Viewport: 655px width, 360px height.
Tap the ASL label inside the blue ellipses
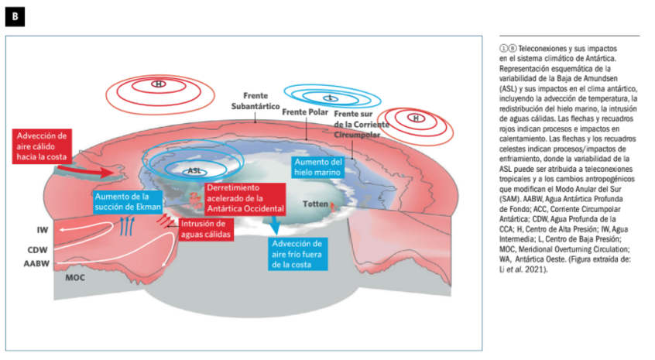[194, 169]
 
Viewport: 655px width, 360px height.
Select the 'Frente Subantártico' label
[255, 101]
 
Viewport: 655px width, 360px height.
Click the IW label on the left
[43, 230]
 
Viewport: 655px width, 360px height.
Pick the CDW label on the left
[39, 250]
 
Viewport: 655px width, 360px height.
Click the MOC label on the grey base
[75, 276]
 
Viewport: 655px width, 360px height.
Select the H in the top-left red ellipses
[159, 84]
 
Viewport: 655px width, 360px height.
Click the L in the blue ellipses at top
[331, 98]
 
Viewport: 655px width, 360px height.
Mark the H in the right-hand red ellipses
[416, 118]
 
